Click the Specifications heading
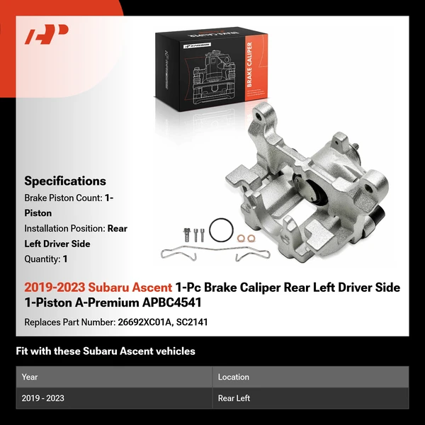click(x=65, y=181)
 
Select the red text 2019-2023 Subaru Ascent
click(x=98, y=288)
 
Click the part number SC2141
click(x=192, y=322)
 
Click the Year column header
click(x=30, y=377)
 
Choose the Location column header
click(x=234, y=377)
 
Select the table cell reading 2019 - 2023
click(x=43, y=398)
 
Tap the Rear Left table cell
click(x=234, y=398)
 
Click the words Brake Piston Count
click(x=63, y=198)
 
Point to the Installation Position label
click(x=64, y=228)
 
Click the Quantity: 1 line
click(x=46, y=259)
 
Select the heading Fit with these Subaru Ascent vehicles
click(x=106, y=351)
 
